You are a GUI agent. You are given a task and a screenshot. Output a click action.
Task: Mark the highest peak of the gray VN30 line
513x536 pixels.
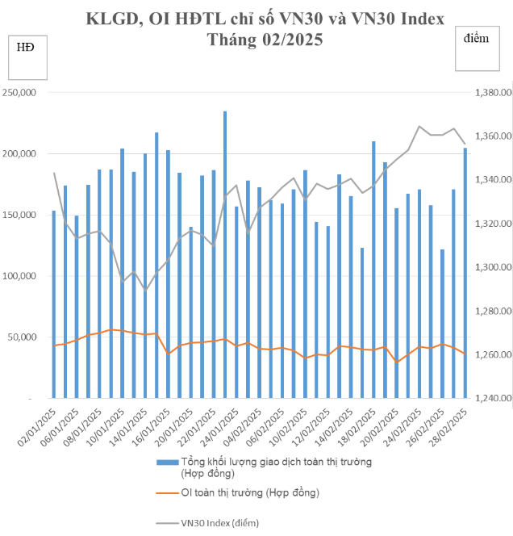tap(419, 127)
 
